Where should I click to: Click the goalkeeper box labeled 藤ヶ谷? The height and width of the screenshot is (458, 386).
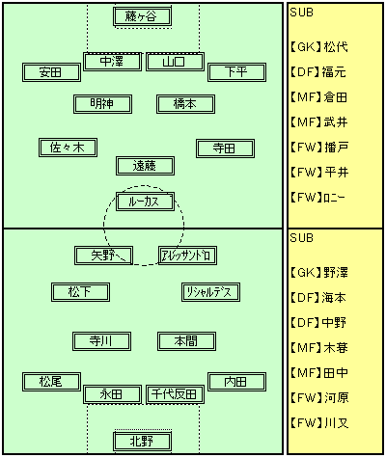pyautogui.click(x=142, y=16)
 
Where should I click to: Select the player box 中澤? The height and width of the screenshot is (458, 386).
pyautogui.click(x=112, y=62)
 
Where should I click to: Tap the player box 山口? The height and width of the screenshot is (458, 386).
pyautogui.click(x=175, y=62)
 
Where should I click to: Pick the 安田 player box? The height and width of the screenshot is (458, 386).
pyautogui.click(x=51, y=72)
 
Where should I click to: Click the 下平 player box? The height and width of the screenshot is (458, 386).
pyautogui.click(x=236, y=72)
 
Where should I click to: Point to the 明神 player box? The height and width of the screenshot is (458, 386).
pyautogui.click(x=102, y=104)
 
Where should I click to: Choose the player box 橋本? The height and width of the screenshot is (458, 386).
pyautogui.click(x=185, y=104)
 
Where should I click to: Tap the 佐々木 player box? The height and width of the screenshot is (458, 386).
pyautogui.click(x=68, y=148)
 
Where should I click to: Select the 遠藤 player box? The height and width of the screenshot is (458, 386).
pyautogui.click(x=145, y=166)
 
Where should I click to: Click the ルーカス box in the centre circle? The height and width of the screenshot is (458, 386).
pyautogui.click(x=145, y=202)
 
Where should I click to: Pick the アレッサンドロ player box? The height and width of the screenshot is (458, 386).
pyautogui.click(x=187, y=256)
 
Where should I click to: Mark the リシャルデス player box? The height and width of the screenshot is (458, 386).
pyautogui.click(x=210, y=292)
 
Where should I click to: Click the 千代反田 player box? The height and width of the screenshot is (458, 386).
pyautogui.click(x=175, y=394)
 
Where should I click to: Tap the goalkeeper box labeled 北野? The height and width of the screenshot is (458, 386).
pyautogui.click(x=142, y=442)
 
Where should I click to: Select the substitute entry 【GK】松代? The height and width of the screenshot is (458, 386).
pyautogui.click(x=318, y=47)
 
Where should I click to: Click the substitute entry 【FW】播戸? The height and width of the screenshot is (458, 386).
pyautogui.click(x=318, y=148)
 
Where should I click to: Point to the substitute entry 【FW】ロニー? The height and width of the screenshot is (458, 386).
pyautogui.click(x=317, y=197)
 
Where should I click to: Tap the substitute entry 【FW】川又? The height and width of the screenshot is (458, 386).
pyautogui.click(x=318, y=422)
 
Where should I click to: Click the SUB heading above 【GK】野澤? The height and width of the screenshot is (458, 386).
pyautogui.click(x=301, y=238)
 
